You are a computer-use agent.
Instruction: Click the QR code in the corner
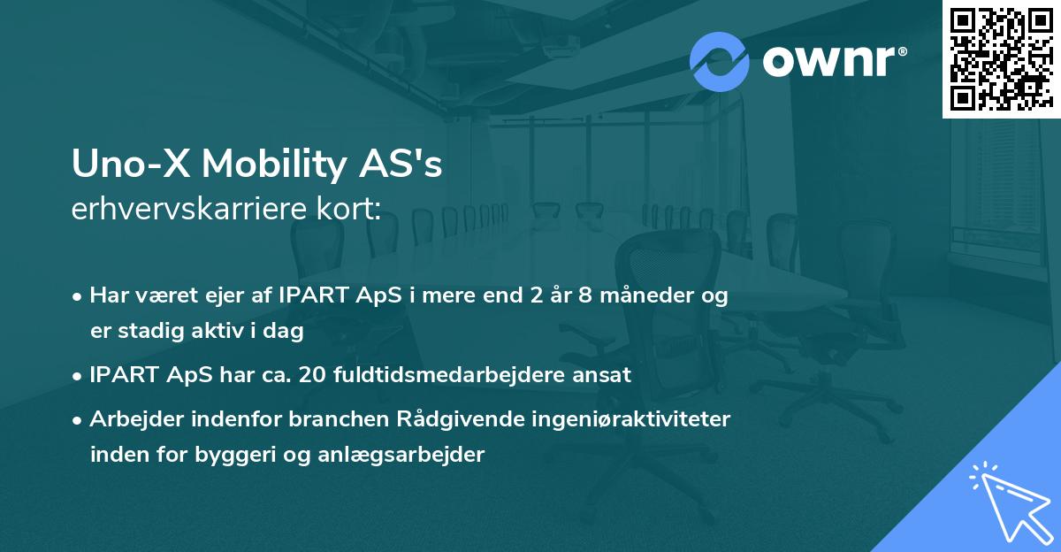coord(1000,58)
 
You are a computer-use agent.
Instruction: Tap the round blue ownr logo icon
coord(719,62)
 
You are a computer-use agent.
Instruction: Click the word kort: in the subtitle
coord(349,210)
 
